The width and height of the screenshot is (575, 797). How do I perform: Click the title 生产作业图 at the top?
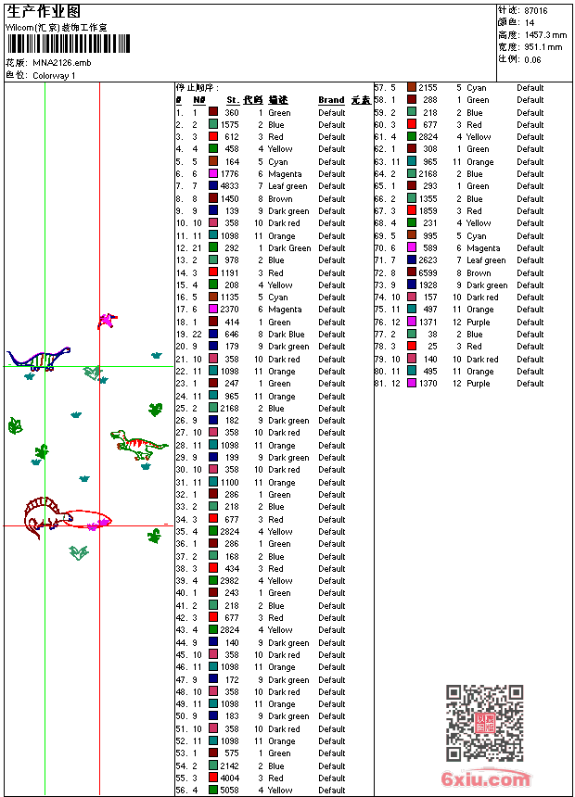[44, 11]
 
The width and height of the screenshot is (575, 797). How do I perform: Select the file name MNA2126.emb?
[61, 63]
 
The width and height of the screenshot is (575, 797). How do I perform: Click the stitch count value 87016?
[535, 10]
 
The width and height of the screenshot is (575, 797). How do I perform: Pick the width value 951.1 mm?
[543, 46]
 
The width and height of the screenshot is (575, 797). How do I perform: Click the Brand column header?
[331, 100]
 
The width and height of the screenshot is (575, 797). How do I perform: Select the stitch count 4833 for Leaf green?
[229, 186]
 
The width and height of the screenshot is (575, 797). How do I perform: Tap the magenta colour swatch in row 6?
[213, 174]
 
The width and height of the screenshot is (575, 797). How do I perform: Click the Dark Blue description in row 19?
[286, 335]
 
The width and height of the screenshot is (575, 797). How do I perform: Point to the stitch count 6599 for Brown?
[427, 272]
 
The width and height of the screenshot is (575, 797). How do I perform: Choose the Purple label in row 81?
[479, 384]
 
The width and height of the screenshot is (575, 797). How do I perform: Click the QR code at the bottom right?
[483, 723]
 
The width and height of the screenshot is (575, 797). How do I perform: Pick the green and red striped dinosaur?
[138, 444]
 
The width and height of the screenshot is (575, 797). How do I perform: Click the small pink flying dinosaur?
[108, 321]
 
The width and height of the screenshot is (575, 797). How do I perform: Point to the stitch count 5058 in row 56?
[229, 791]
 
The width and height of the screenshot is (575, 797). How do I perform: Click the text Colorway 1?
[54, 75]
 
